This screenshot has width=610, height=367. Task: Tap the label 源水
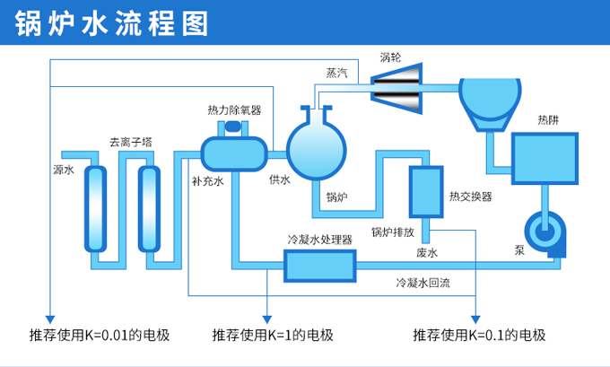tap(63, 169)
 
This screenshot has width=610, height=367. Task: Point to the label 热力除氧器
tap(234, 110)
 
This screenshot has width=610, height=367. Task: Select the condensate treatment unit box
tap(320, 265)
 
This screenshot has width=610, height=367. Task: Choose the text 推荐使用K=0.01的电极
tap(100, 336)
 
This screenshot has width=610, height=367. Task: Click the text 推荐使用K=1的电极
tap(273, 336)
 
